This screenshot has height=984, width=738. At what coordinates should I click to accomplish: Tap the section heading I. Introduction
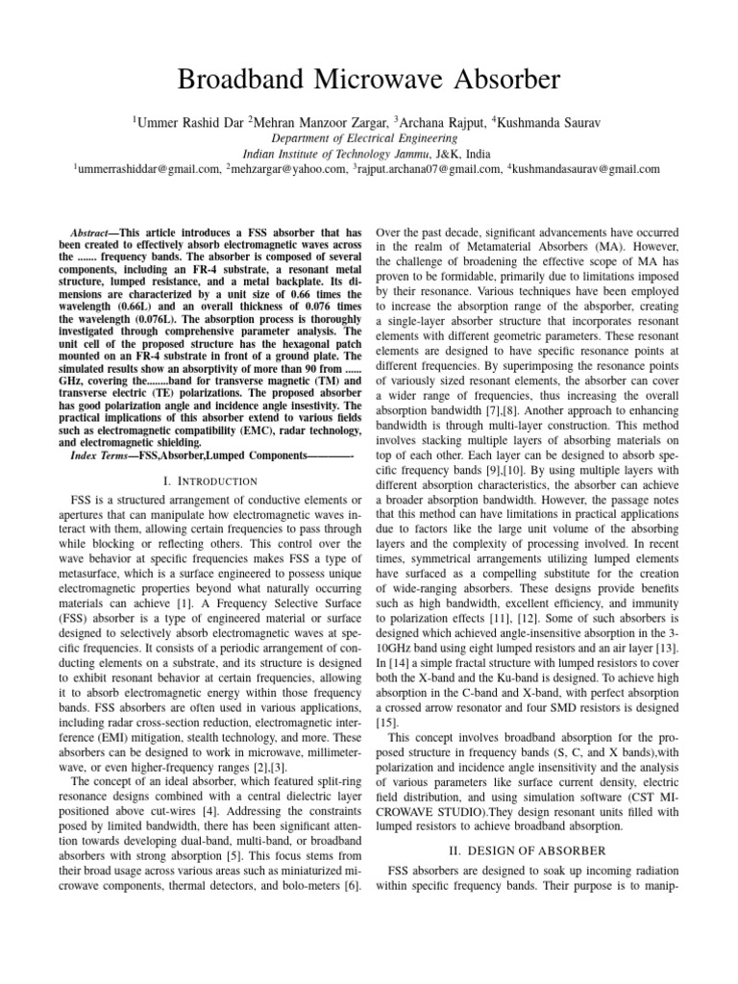click(x=209, y=480)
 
